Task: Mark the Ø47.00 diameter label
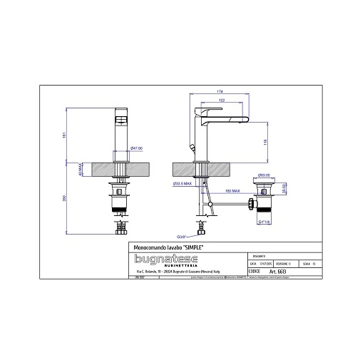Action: click(x=136, y=148)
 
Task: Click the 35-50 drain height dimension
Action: click(x=284, y=191)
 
